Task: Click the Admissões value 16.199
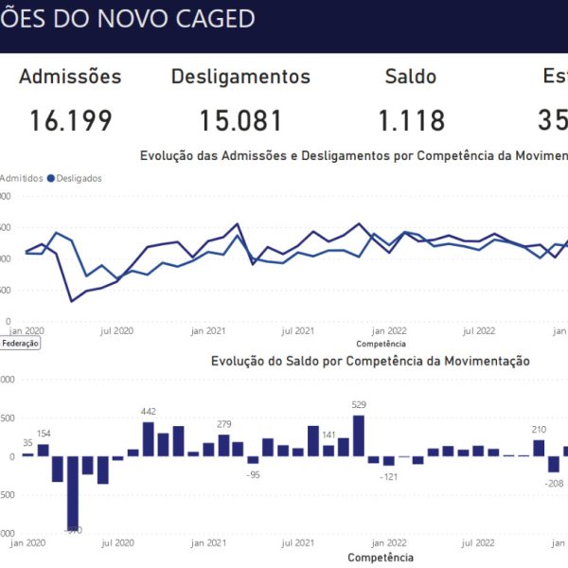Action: (x=70, y=121)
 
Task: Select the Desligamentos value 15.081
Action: (x=240, y=121)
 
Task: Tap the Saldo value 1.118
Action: (x=411, y=121)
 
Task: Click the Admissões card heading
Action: (x=70, y=77)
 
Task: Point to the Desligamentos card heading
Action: (x=240, y=77)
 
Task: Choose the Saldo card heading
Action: (x=411, y=77)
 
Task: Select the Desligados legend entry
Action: (x=79, y=177)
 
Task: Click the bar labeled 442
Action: (x=149, y=439)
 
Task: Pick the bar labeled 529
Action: (x=359, y=435)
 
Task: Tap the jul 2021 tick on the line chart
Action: (x=298, y=331)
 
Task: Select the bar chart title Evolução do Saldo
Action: (x=370, y=361)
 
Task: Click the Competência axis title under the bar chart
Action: (x=381, y=558)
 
